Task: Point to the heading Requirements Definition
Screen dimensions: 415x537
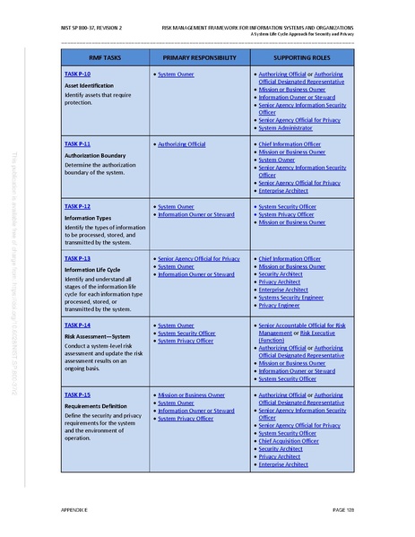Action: [x=94, y=405]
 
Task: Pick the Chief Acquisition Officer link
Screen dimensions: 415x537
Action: [x=289, y=440]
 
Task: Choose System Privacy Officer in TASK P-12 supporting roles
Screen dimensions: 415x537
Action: [x=287, y=214]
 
